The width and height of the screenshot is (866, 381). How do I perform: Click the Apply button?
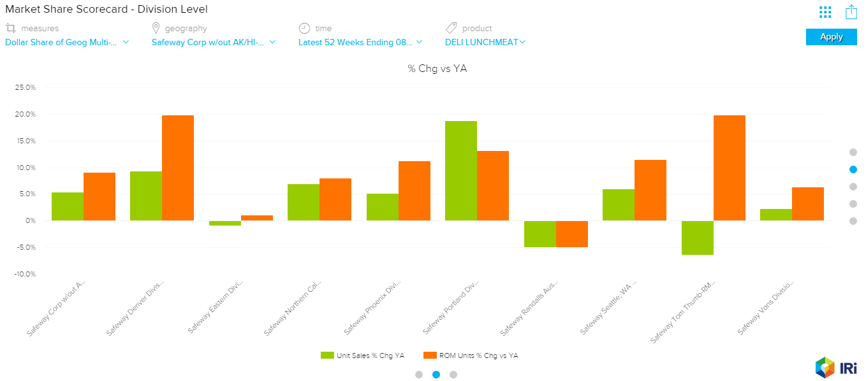click(831, 37)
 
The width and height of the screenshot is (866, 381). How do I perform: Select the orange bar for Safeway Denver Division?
click(178, 168)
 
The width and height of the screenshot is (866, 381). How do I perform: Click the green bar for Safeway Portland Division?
click(460, 171)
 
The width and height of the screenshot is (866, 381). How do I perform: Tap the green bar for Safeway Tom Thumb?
click(697, 238)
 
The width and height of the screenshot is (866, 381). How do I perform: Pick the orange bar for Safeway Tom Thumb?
click(729, 168)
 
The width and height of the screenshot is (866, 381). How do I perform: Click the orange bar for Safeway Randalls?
click(571, 234)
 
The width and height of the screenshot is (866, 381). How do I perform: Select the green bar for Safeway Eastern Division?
click(224, 223)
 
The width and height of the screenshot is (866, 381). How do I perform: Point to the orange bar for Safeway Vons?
click(807, 204)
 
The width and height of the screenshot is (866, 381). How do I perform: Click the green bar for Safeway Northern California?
click(304, 202)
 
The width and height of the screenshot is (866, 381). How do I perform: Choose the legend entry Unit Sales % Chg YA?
click(362, 356)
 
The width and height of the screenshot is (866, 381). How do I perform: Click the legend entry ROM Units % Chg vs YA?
click(471, 356)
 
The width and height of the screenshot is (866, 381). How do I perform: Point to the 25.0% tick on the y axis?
click(26, 87)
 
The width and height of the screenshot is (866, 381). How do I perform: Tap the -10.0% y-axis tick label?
click(25, 274)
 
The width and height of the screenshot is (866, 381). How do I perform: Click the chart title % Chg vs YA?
click(437, 69)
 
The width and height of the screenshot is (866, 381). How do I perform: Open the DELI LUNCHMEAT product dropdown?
click(485, 43)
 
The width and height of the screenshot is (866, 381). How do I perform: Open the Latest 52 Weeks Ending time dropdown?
click(360, 43)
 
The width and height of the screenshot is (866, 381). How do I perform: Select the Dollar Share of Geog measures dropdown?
click(67, 43)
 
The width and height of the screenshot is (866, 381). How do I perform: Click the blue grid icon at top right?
click(825, 12)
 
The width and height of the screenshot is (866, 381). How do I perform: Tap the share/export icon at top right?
click(851, 12)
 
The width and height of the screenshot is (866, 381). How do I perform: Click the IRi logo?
click(835, 368)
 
